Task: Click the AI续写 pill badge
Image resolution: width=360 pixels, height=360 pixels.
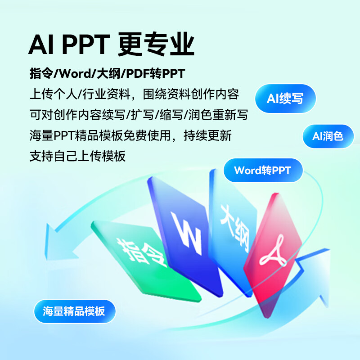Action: (x=285, y=99)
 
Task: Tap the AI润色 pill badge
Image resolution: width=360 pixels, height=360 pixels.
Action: (x=328, y=136)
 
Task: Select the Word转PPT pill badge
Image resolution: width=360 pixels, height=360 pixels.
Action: (x=263, y=171)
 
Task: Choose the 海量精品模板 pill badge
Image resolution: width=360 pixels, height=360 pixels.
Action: (x=75, y=311)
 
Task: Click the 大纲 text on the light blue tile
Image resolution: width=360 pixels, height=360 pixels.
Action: (x=234, y=228)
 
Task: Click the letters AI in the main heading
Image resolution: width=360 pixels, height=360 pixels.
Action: (x=41, y=44)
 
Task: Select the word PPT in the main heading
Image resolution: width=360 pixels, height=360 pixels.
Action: (x=86, y=44)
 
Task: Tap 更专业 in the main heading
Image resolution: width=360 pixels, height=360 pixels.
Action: (x=156, y=44)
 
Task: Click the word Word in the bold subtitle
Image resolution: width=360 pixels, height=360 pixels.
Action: (x=76, y=73)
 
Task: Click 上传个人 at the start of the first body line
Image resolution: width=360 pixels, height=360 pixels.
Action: (x=54, y=94)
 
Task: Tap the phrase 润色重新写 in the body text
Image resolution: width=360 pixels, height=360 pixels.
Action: (x=218, y=115)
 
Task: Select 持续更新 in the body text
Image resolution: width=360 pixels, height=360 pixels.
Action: (x=207, y=135)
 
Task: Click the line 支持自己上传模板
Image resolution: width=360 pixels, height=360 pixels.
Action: (x=77, y=156)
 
